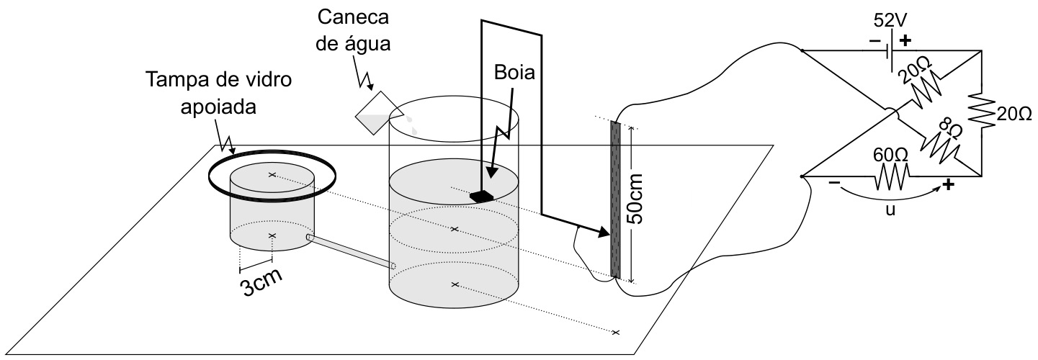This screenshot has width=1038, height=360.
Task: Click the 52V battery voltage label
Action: point(890,21)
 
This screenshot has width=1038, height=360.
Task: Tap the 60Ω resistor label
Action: point(890,156)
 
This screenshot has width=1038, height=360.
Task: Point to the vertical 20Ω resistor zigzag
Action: point(982,110)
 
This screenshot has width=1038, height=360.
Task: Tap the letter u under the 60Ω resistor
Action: point(890,210)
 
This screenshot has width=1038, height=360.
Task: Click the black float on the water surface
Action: point(482,196)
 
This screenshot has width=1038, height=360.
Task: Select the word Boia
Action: point(514,72)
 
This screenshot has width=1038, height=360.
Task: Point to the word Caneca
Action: point(353,17)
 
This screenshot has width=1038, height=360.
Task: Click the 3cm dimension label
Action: point(261,282)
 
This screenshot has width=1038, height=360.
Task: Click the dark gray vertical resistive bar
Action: point(615,199)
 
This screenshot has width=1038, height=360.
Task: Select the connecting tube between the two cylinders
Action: point(351,251)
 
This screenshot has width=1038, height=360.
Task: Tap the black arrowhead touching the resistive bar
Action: point(603,231)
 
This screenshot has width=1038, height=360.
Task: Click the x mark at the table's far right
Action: point(615,332)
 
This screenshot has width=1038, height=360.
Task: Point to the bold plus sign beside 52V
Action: point(904,41)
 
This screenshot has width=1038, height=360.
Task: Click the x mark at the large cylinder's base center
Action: point(455,284)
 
